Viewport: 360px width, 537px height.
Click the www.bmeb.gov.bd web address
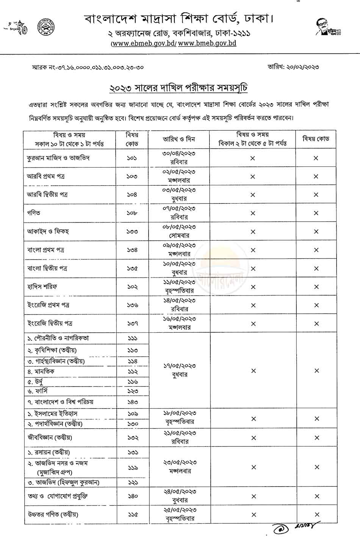click(207, 43)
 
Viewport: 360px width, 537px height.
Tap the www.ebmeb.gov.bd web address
click(144, 43)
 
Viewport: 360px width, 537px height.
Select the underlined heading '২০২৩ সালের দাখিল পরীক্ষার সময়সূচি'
click(178, 88)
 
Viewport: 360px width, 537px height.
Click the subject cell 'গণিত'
click(34, 213)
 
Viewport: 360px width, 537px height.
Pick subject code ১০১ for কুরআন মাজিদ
click(132, 158)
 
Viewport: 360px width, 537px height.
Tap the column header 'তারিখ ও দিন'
click(178, 139)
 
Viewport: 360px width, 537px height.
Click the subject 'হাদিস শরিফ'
click(42, 287)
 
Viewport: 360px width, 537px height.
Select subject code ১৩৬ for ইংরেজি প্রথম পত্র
click(132, 305)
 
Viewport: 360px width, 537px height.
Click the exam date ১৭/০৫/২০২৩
click(179, 366)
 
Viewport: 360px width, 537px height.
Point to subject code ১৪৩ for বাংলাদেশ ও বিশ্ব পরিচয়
click(132, 402)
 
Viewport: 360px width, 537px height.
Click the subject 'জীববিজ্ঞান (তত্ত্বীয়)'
click(49, 438)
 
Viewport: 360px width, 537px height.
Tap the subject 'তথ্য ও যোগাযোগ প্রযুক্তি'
click(58, 496)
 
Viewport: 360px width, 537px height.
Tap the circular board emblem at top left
click(45, 27)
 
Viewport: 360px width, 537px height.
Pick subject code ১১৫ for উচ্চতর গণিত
click(132, 514)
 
